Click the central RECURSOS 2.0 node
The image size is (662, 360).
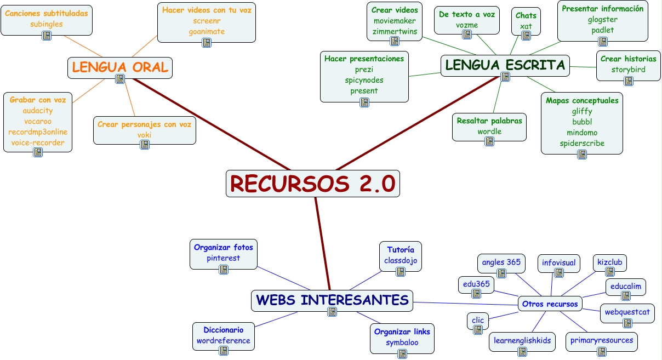coord(312,184)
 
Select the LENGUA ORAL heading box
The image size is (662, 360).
coord(120,67)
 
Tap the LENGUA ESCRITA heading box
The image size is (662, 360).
coord(505,65)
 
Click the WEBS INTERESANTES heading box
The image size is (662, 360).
coord(332,300)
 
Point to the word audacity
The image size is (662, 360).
coord(38,111)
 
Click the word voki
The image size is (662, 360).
coord(145,135)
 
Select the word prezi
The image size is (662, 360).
coord(364,70)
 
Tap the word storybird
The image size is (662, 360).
coord(628,70)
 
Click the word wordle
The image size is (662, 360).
coord(489,132)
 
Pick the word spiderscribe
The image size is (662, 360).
coord(582,144)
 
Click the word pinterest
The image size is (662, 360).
coord(223,258)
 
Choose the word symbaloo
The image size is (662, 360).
coord(402,342)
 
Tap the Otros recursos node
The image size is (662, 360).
coord(549,304)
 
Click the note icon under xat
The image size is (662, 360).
coord(526,36)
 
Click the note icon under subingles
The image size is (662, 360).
coord(46,35)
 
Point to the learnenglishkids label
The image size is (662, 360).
coord(522,340)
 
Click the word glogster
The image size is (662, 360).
coord(602,20)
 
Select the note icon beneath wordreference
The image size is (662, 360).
coord(223,351)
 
